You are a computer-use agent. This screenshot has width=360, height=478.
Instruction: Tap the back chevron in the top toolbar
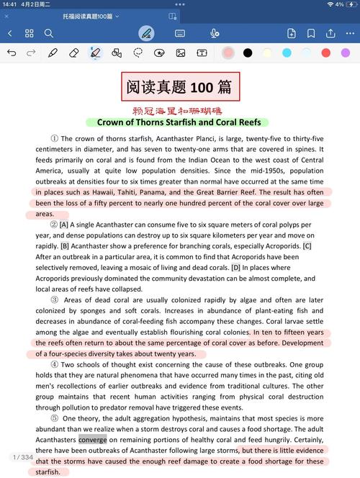(10, 33)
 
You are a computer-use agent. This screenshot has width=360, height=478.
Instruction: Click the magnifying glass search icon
(49, 33)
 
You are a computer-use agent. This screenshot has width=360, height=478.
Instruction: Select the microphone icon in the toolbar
(215, 33)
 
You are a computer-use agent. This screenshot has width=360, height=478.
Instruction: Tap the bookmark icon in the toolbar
(311, 33)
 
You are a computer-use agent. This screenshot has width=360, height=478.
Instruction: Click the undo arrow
(12, 53)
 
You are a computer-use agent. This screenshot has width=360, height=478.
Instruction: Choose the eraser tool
(73, 53)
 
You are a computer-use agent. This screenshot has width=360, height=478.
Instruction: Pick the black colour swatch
(248, 53)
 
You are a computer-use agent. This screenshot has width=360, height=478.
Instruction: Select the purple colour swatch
(345, 53)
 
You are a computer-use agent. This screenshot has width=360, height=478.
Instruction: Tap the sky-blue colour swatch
(287, 53)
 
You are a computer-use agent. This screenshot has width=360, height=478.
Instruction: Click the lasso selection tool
(138, 53)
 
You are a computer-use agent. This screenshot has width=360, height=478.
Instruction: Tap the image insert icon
(181, 53)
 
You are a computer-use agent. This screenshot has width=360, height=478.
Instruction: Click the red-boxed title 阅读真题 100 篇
(179, 87)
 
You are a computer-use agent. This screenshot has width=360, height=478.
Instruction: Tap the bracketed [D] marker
(235, 268)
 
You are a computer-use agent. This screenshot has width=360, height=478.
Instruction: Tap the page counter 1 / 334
(22, 457)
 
